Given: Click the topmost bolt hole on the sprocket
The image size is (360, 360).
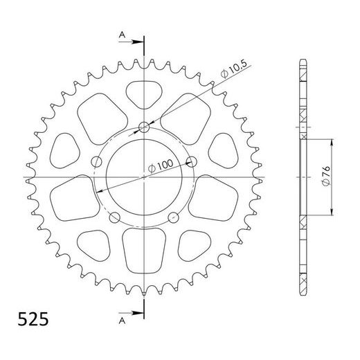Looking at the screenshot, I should (x=144, y=127).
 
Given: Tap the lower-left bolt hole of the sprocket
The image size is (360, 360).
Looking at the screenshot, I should (x=114, y=219).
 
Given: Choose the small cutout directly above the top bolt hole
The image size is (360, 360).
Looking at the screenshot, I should (x=144, y=93).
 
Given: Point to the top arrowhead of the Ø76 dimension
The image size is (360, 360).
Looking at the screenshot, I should (x=333, y=142).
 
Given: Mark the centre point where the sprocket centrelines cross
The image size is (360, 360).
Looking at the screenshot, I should (x=144, y=178).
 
